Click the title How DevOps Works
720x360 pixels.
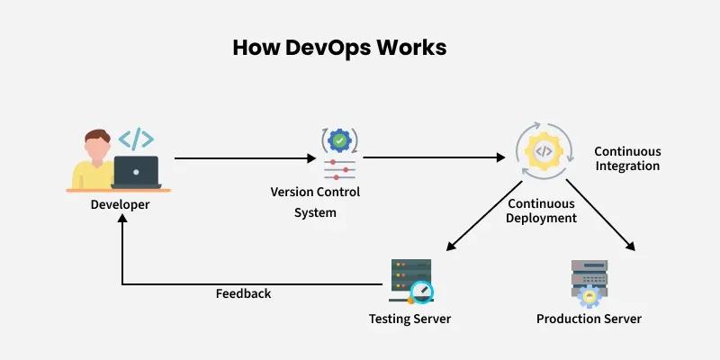[339, 48]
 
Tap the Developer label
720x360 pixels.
[120, 204]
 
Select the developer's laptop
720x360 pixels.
[136, 172]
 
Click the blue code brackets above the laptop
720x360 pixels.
[136, 139]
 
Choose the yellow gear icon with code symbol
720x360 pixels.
[543, 152]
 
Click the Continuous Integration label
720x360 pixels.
[627, 158]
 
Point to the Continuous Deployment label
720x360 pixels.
[541, 211]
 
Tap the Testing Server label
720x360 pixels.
[409, 319]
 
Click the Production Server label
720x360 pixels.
[589, 319]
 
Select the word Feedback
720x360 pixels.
[243, 294]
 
